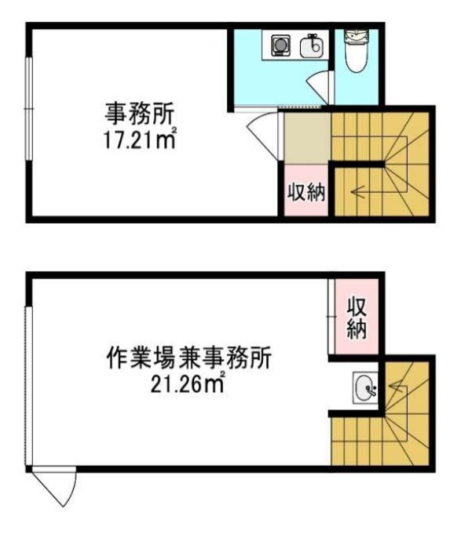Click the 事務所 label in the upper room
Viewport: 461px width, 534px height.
pos(140,114)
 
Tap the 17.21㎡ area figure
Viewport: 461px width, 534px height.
pos(140,140)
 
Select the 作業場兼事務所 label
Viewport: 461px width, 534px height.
pos(189,358)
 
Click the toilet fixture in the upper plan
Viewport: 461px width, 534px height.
pos(356,50)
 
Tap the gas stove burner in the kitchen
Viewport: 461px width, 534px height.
pos(280,45)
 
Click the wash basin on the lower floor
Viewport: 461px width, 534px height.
pos(365,388)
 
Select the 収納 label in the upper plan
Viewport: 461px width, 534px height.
pos(306,193)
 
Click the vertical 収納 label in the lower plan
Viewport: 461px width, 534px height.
pos(357,318)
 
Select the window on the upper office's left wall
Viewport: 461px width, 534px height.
pos(29,109)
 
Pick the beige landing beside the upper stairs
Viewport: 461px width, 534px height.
pos(307,138)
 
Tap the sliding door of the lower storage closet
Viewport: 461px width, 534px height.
pos(331,317)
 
